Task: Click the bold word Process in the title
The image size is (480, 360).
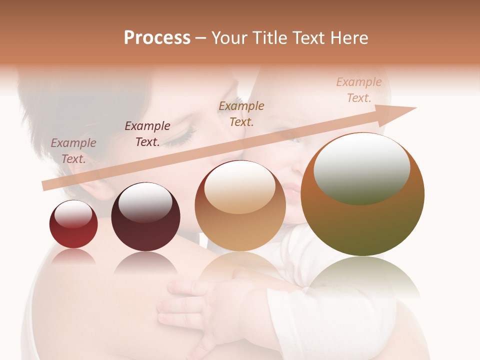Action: (157, 38)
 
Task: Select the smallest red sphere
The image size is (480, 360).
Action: (73, 224)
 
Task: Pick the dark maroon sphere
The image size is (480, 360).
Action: (145, 217)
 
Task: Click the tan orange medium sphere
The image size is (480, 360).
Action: (240, 206)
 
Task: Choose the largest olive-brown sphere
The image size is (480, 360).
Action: (362, 195)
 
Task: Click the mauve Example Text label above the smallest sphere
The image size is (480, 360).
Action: (73, 151)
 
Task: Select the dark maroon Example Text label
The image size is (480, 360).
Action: (147, 134)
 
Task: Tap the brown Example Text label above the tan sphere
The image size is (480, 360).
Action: (241, 114)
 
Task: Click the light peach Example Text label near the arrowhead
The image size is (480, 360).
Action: (359, 90)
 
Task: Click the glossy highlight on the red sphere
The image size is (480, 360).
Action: (73, 214)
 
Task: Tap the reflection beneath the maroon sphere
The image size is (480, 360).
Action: (145, 262)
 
